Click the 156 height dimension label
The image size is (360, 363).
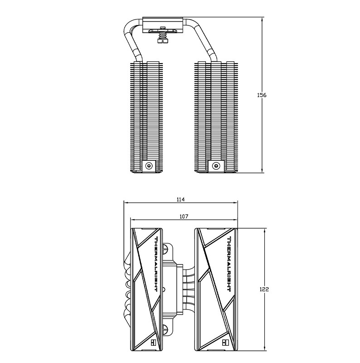[x=262, y=95]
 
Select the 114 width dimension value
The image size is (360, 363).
[x=180, y=199]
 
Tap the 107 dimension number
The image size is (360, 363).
[x=184, y=216]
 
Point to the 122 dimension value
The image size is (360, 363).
[x=264, y=289]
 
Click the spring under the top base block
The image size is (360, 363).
[x=163, y=35]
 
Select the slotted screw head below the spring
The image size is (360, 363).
[x=163, y=41]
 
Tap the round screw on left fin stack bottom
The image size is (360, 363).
[x=149, y=166]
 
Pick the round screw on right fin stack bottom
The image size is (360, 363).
[x=216, y=166]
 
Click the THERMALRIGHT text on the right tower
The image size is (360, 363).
[x=229, y=264]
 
